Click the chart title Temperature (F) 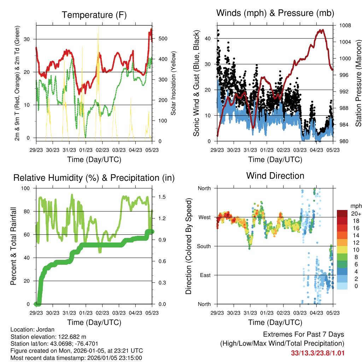point(94,15)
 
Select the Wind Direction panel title point(275,176)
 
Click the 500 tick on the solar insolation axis point(163,39)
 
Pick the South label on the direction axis point(204,246)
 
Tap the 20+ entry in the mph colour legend point(355,214)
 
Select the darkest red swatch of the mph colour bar point(342,214)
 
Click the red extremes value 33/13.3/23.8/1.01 point(317,353)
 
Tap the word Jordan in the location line point(46,329)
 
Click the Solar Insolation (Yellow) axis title point(174,83)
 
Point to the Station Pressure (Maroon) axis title point(358,83)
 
